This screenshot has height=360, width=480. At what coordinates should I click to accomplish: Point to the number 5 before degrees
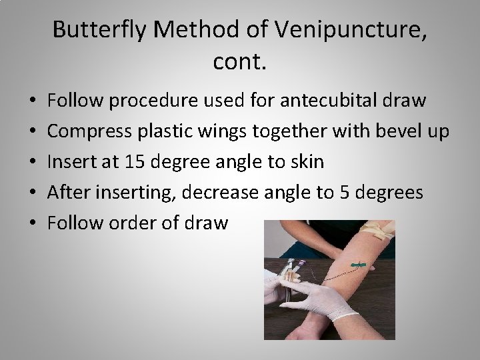[341, 193]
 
